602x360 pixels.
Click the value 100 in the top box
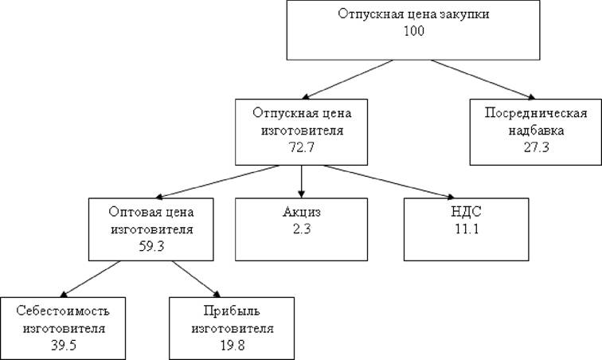(x=414, y=31)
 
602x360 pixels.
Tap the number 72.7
(x=301, y=147)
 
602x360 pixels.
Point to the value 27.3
(x=537, y=147)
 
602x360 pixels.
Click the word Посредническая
(x=536, y=113)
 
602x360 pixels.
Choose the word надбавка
(x=537, y=131)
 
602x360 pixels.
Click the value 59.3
(x=151, y=246)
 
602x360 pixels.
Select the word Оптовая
(x=129, y=212)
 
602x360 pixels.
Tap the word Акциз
(x=301, y=212)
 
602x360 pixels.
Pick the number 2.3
(x=302, y=229)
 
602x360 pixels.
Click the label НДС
(x=467, y=212)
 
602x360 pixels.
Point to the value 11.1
(x=467, y=229)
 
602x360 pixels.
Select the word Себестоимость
(x=63, y=311)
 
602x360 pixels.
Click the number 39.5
(x=64, y=345)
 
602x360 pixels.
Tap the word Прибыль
(x=232, y=311)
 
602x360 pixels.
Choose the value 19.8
(x=233, y=345)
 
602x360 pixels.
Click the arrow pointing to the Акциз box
(x=301, y=182)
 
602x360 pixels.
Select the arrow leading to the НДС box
(x=389, y=182)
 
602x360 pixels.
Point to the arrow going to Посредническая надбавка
(x=483, y=80)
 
